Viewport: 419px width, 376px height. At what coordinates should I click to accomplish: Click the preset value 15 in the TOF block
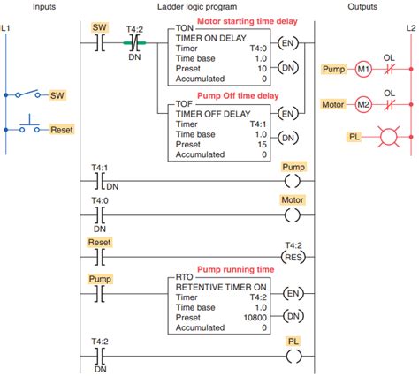click(x=262, y=143)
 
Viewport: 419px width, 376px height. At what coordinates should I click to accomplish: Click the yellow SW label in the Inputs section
click(x=57, y=94)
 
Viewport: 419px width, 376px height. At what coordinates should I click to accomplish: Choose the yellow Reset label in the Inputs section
click(x=61, y=129)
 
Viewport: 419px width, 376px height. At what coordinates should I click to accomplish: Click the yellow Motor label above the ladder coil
click(x=292, y=200)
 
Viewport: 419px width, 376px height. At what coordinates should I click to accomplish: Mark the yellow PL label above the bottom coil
click(x=293, y=340)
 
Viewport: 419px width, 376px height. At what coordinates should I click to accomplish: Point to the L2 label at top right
click(x=410, y=28)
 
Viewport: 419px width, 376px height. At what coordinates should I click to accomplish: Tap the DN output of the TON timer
click(x=288, y=67)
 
